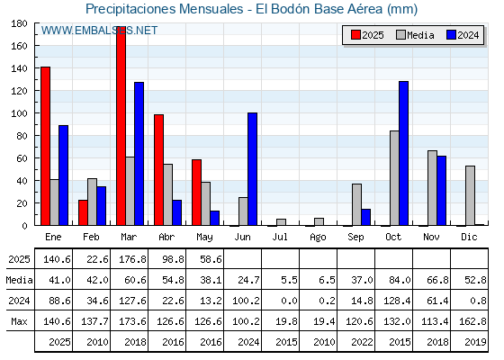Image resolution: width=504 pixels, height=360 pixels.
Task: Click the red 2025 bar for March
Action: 121,126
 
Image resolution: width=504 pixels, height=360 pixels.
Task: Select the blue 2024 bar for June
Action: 252,169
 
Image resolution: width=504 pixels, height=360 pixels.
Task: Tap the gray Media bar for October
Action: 394,178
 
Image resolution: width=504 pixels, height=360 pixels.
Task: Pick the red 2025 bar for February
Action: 83,212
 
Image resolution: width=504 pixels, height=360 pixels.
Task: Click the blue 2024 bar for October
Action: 404,153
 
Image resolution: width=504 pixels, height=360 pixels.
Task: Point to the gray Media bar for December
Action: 470,196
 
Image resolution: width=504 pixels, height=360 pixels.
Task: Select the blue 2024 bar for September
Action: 365,217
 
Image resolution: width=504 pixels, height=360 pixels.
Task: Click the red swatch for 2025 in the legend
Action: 355,35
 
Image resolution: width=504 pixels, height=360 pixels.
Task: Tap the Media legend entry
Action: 415,35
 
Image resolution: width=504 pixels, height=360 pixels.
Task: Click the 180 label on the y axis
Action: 19,23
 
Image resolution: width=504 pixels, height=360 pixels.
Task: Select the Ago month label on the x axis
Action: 318,238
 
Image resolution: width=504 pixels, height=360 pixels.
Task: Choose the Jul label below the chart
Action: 280,237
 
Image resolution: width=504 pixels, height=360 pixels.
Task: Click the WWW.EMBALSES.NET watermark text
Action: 99,31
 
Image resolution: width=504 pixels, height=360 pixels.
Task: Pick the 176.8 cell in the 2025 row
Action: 133,259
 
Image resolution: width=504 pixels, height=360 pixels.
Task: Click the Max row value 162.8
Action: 472,321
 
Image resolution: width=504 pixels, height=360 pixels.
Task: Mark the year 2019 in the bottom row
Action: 475,342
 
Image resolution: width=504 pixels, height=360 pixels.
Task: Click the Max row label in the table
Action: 19,321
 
